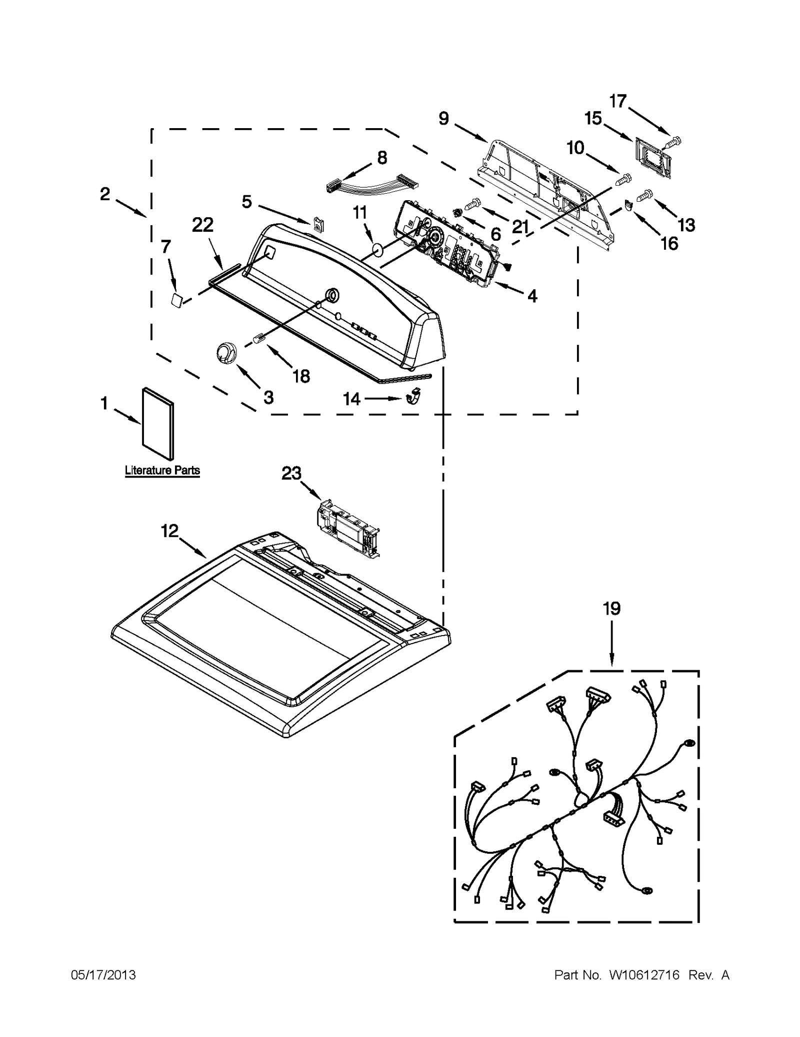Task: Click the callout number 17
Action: point(618,101)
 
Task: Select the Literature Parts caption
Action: point(162,470)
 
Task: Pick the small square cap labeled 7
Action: point(176,301)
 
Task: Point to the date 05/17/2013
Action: point(103,975)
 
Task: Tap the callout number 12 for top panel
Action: point(169,531)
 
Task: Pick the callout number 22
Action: point(202,225)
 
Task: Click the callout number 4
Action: point(532,296)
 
